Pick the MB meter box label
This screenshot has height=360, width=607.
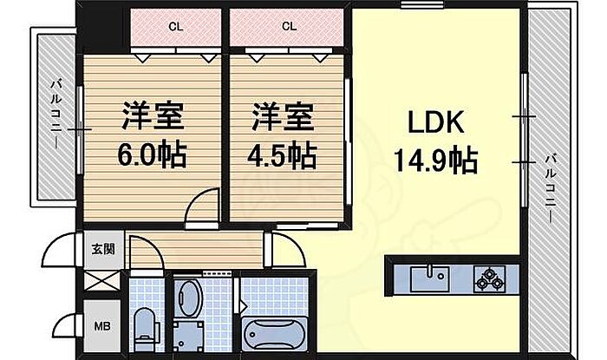pyautogui.click(x=101, y=326)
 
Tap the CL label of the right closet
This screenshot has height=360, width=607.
pyautogui.click(x=289, y=26)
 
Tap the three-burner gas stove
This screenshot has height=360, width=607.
pyautogui.click(x=490, y=279)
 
